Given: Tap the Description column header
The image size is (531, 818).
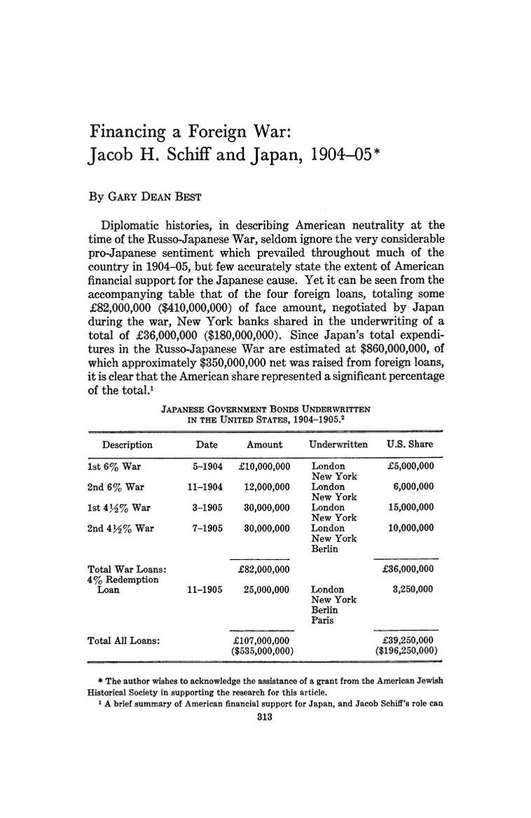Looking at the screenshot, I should point(127,444).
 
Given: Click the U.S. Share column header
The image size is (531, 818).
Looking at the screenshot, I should point(410,444).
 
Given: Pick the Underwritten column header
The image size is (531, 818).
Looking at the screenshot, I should point(338,444).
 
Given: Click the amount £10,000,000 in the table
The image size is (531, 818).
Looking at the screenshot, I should point(261,465).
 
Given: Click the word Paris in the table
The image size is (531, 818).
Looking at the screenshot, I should point(323,620).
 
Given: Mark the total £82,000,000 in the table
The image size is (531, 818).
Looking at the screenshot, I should point(261,568).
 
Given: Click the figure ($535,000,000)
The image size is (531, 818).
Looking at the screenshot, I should point(261,650).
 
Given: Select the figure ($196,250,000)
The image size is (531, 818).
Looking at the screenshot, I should point(406,650).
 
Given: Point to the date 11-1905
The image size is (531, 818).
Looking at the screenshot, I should point(205,589).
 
